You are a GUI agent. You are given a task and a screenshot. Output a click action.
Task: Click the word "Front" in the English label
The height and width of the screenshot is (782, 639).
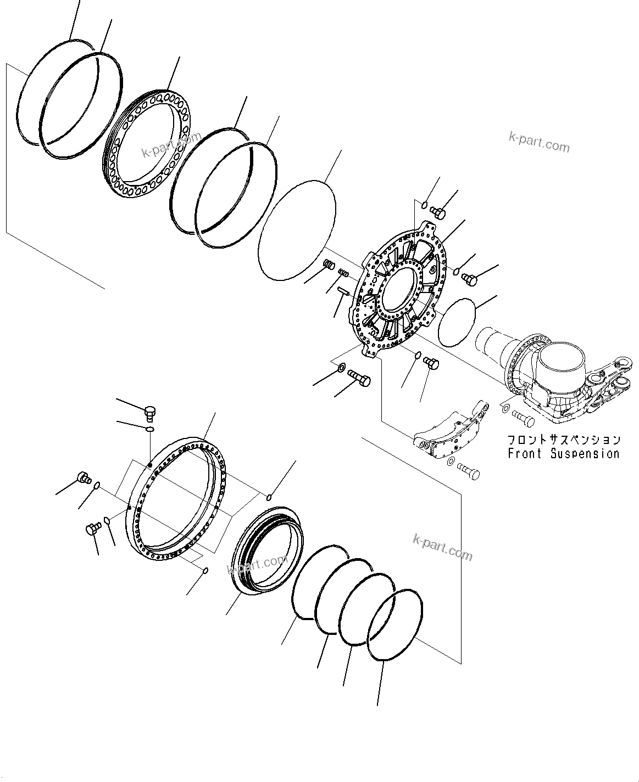(x=525, y=454)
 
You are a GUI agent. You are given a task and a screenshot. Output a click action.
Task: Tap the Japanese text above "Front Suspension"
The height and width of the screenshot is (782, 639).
(x=563, y=440)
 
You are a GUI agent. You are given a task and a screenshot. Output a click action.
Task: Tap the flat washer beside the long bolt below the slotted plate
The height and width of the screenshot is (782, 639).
(x=342, y=367)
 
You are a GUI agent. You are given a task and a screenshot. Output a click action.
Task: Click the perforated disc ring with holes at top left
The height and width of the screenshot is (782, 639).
(x=149, y=144)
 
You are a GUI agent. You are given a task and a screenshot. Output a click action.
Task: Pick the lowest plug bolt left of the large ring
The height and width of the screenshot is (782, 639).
(x=92, y=528)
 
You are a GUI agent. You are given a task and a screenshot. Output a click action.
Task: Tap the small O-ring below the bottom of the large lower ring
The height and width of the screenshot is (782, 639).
(x=205, y=570)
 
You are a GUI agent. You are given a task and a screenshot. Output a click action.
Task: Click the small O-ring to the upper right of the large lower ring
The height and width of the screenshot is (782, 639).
(x=269, y=497)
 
